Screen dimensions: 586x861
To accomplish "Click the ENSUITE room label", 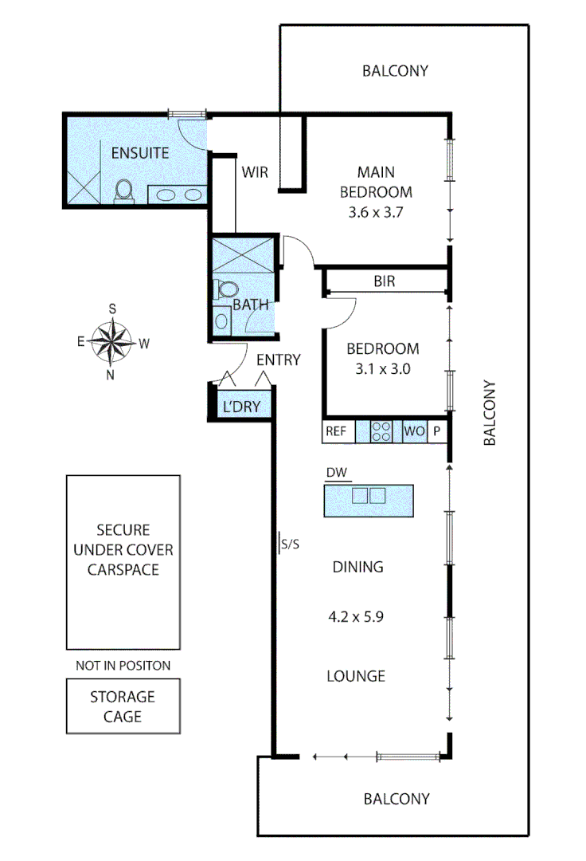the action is click(x=140, y=152).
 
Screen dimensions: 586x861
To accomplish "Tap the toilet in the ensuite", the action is click(x=124, y=191).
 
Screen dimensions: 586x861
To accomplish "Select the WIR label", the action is click(x=255, y=172).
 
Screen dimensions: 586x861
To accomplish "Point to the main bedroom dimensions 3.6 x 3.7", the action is click(x=376, y=212).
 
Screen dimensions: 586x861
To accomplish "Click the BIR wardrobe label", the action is click(x=385, y=281).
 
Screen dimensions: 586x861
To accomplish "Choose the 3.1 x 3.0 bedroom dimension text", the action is click(x=383, y=368).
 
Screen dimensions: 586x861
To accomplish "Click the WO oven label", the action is click(x=415, y=431).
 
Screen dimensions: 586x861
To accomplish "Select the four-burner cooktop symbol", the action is click(x=381, y=431).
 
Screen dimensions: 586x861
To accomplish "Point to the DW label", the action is click(x=337, y=472).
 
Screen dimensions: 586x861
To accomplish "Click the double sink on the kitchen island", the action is click(x=369, y=495).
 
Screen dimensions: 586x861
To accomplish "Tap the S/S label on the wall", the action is click(x=290, y=545).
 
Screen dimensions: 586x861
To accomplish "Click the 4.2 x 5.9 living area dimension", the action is click(x=356, y=616).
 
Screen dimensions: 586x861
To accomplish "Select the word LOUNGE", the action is click(x=356, y=676).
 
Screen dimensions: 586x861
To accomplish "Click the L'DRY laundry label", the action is click(x=241, y=407).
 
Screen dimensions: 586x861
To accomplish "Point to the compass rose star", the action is click(x=111, y=342).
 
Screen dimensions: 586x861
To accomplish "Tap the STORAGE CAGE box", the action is click(x=123, y=706).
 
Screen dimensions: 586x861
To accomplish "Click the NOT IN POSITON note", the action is click(x=123, y=666).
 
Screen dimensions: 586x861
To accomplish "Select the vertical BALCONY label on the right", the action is click(x=490, y=412).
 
